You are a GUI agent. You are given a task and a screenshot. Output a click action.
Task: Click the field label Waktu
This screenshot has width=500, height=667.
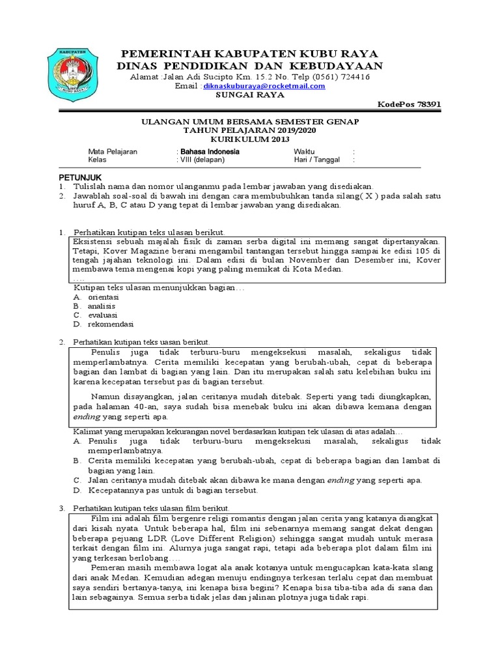point(304,152)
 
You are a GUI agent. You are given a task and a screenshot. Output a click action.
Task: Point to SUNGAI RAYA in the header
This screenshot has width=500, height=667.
point(250,94)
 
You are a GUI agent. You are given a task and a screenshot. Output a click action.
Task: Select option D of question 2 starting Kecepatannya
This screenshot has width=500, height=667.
point(173,490)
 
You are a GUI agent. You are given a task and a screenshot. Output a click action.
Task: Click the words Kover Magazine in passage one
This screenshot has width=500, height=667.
point(132,250)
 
